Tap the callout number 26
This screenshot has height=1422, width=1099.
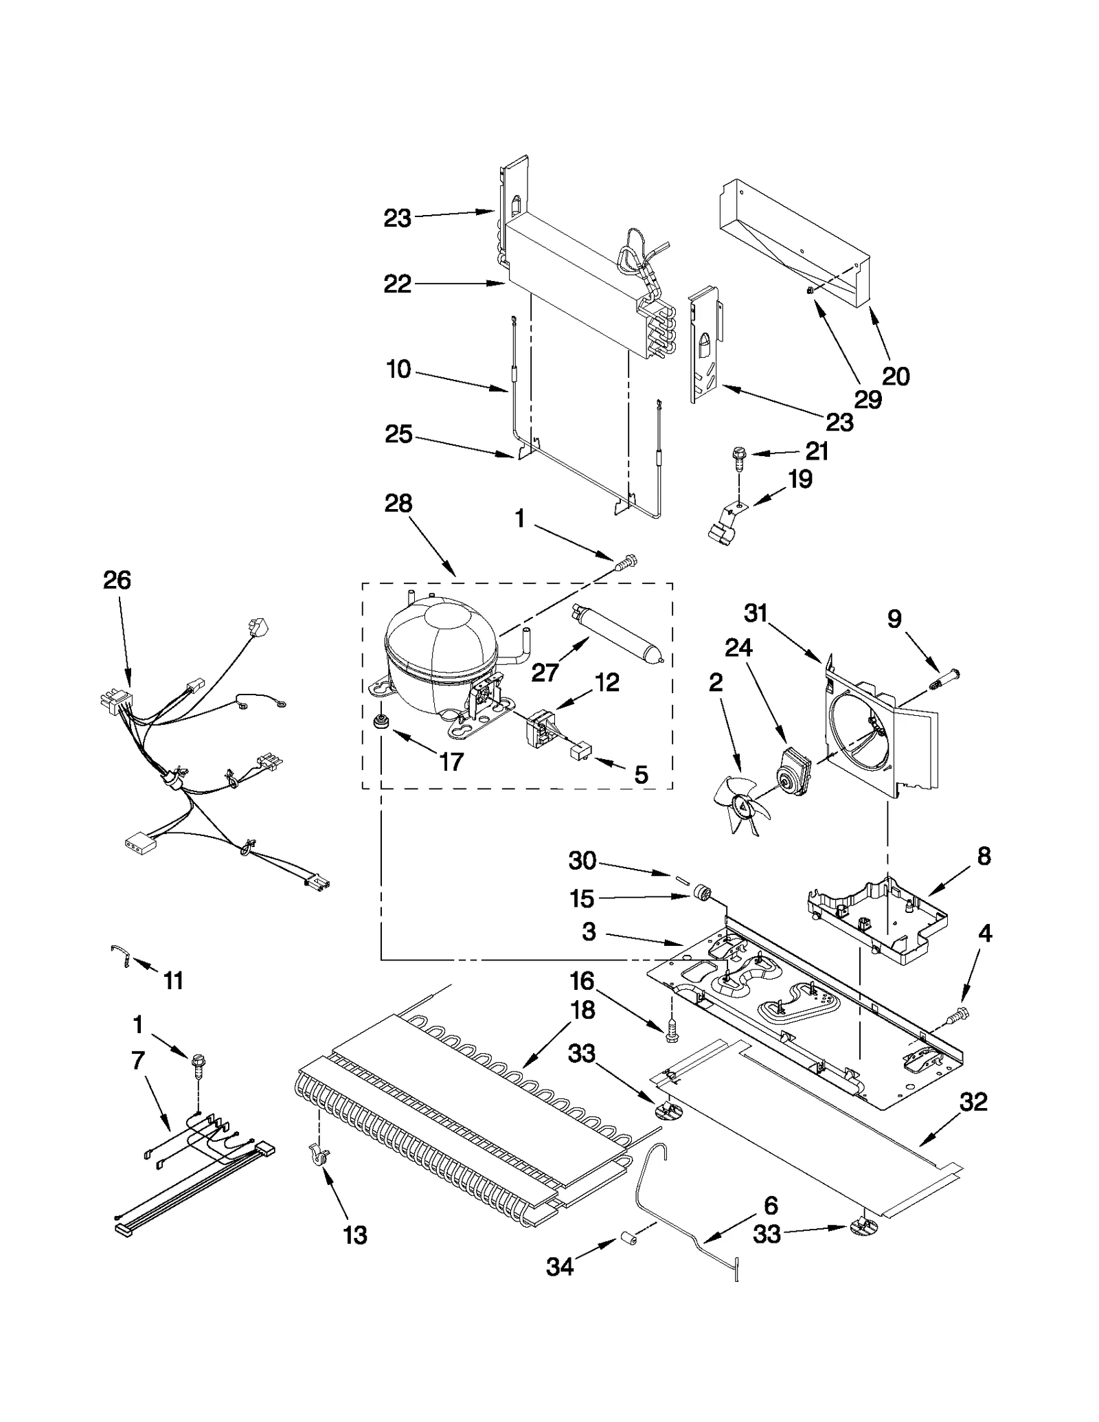coord(117,580)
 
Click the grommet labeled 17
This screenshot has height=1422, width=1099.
coord(378,722)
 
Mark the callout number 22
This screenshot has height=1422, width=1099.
coord(397,284)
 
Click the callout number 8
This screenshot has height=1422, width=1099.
coord(984,857)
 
